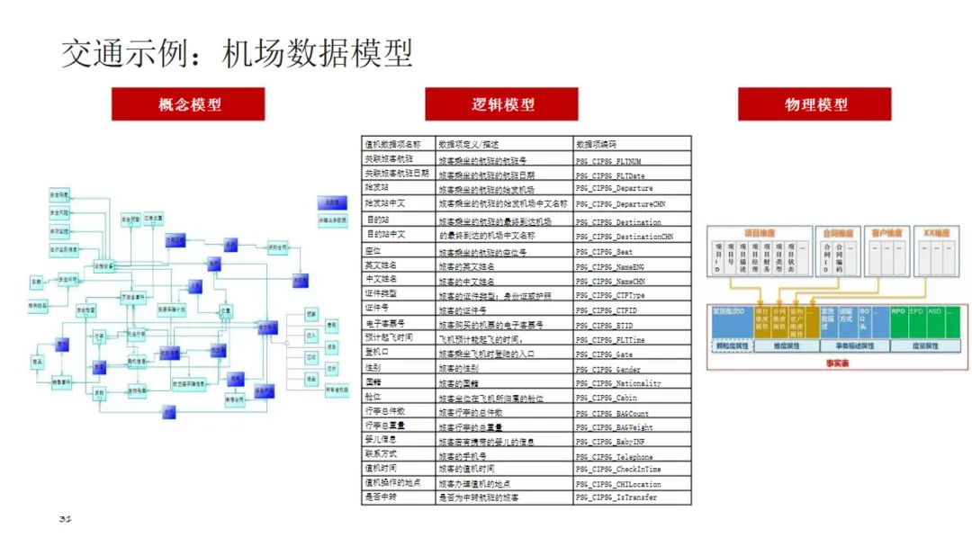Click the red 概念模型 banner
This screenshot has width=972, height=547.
pos(188,104)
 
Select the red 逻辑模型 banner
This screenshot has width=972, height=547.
pos(501,104)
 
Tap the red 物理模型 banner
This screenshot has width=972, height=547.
pos(814,104)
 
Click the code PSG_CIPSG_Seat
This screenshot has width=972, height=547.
pos(605,252)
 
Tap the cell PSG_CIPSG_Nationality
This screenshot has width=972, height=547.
pos(618,383)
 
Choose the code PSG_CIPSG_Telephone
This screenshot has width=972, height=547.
pos(616,457)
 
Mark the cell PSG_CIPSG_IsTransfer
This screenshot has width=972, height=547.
pos(616,498)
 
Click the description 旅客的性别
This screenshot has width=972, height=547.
pos(458,369)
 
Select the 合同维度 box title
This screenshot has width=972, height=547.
pos(837,233)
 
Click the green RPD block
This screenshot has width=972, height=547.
pos(897,311)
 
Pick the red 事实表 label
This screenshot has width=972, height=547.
pos(837,363)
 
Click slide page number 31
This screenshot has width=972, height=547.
pos(65,520)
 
